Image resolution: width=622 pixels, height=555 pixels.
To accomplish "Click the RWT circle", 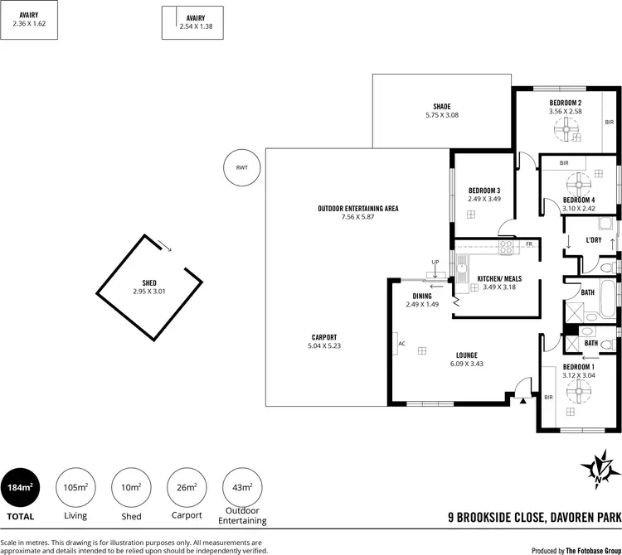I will [241, 168].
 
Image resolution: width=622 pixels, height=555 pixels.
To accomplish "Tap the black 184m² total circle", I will [20, 489].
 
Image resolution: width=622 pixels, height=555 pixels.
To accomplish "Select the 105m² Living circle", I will [75, 489].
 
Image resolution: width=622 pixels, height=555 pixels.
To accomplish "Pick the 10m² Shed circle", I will [131, 489].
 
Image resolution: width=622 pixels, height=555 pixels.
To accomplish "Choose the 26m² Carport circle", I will [187, 489].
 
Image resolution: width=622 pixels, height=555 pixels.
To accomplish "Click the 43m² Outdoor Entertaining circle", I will [242, 489].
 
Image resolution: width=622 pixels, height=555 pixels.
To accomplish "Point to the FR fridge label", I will [528, 244].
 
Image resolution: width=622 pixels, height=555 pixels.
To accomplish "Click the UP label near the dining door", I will [435, 263].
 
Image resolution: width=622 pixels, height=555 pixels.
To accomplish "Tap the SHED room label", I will [149, 283].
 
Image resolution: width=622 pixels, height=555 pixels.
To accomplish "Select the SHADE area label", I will [441, 106].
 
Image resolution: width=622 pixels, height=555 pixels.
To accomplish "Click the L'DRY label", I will [593, 240].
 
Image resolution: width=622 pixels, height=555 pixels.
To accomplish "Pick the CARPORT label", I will [324, 336].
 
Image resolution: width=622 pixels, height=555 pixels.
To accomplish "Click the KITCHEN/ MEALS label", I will [498, 279].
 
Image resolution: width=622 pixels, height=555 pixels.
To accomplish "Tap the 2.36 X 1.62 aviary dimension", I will [29, 24].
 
